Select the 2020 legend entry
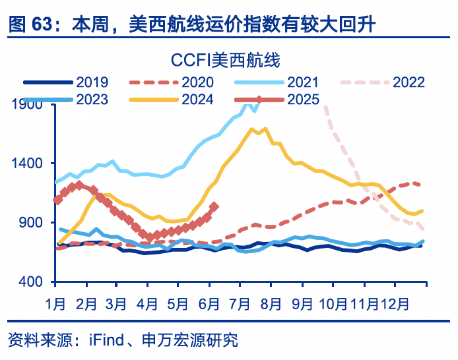pyautogui.click(x=197, y=83)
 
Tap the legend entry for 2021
pyautogui.click(x=303, y=83)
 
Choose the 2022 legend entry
pyautogui.click(x=409, y=83)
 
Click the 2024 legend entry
pyautogui.click(x=197, y=100)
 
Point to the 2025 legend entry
pyautogui.click(x=303, y=100)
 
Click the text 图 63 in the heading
pyautogui.click(x=30, y=26)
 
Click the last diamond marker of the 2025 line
pyautogui.click(x=214, y=206)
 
